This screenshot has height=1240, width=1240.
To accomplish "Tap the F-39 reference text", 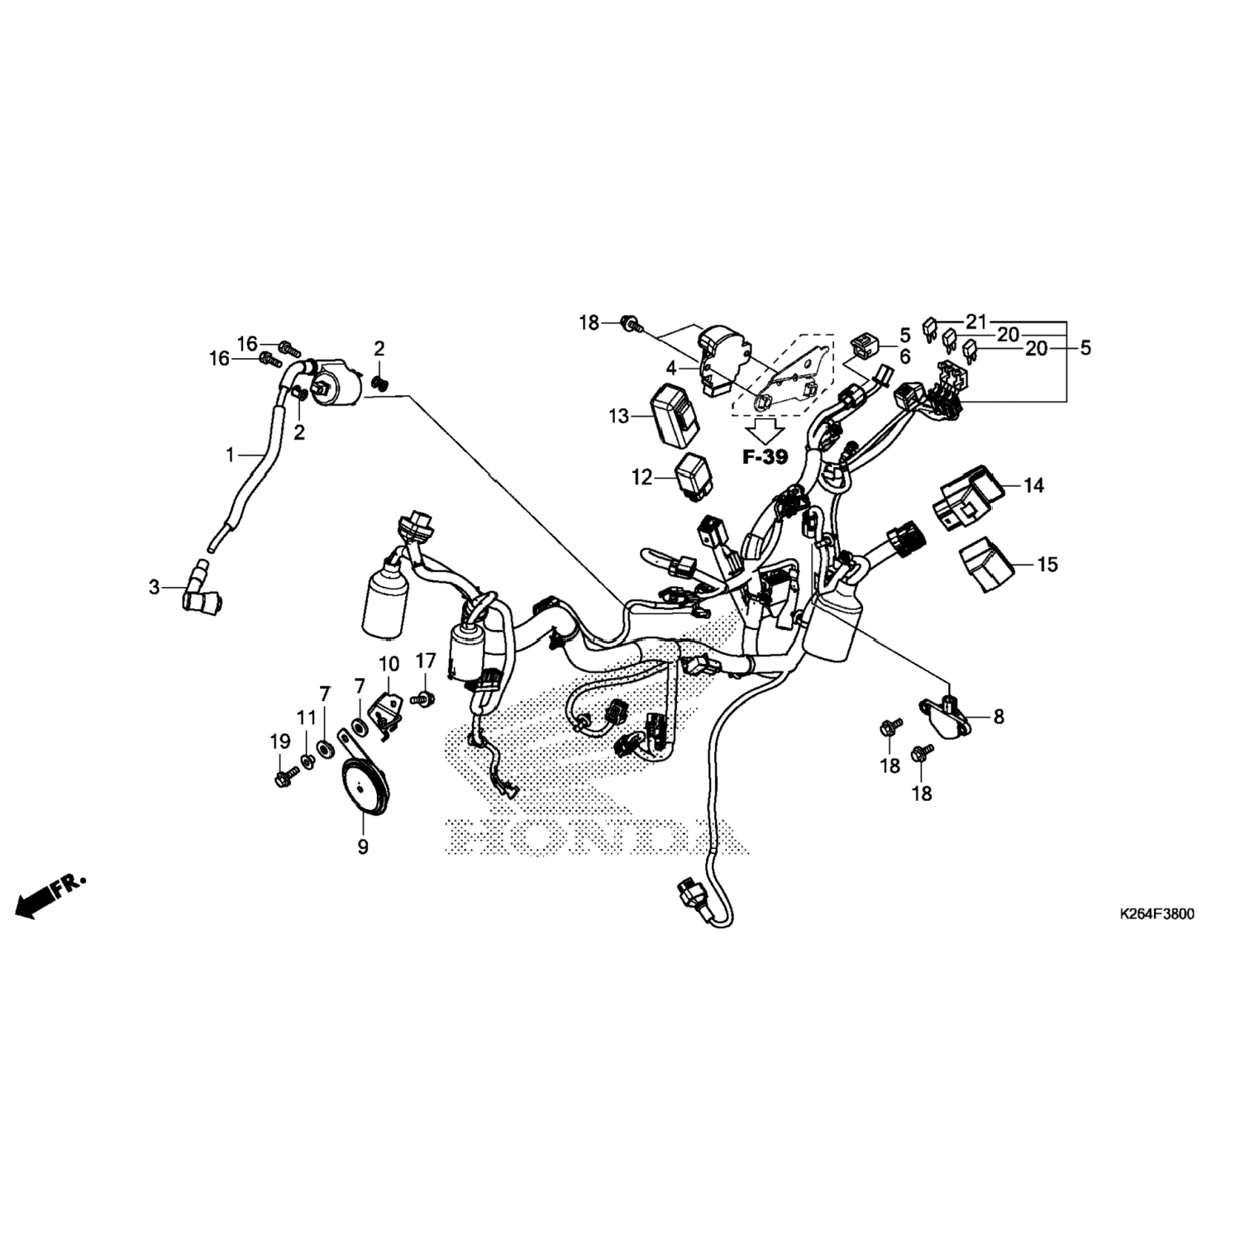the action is coord(765,456).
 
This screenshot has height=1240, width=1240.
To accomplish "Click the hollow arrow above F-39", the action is coord(766,428).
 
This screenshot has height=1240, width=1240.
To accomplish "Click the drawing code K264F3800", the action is coord(1157,914).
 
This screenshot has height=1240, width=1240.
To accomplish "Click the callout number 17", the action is coord(425,661).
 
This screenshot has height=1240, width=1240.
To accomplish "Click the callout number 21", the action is coord(977,321).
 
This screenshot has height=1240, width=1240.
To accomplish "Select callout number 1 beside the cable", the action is coord(231,454).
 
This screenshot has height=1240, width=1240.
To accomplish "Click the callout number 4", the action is coord(671,365).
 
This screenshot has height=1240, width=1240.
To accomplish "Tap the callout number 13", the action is coord(619,417).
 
